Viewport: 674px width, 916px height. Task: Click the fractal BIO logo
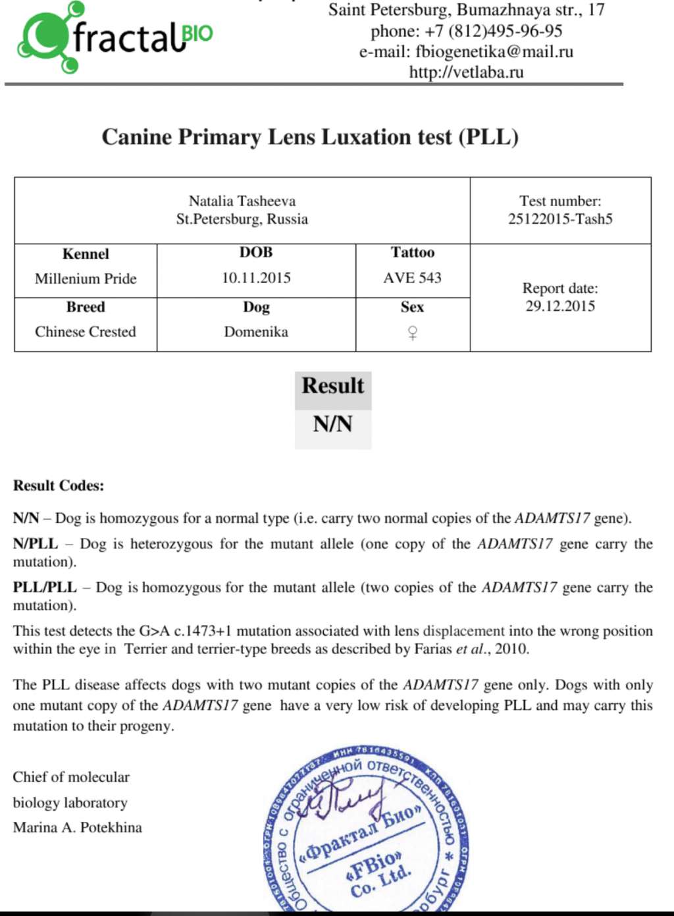[x=115, y=38]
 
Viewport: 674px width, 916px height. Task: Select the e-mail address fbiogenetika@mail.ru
[x=494, y=51]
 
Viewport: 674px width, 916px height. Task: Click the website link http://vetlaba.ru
[x=466, y=72]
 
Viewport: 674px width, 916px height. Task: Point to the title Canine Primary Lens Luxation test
[x=310, y=137]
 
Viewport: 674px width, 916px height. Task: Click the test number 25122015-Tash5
[x=560, y=219]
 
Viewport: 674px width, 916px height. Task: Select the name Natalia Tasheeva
[x=242, y=201]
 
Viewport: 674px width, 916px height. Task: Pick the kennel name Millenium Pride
[x=86, y=279]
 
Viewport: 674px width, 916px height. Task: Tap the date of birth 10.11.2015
[x=256, y=278]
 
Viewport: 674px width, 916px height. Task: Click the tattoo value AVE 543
[x=413, y=278]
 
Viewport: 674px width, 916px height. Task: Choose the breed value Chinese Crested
[x=86, y=332]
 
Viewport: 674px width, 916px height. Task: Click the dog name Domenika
[x=256, y=332]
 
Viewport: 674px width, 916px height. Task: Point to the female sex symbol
[x=413, y=333]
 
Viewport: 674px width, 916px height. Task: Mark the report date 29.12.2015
[x=560, y=306]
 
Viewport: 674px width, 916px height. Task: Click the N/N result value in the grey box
[x=333, y=424]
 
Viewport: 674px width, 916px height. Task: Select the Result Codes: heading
[x=59, y=486]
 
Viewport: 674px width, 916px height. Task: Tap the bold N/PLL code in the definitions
[x=36, y=544]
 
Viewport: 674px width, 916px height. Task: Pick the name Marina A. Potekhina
[x=78, y=828]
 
